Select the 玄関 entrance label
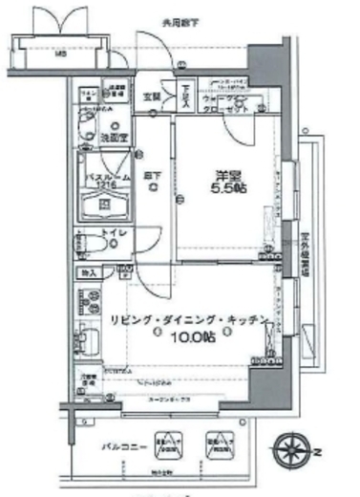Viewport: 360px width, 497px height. click(152, 96)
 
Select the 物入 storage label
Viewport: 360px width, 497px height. click(89, 274)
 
